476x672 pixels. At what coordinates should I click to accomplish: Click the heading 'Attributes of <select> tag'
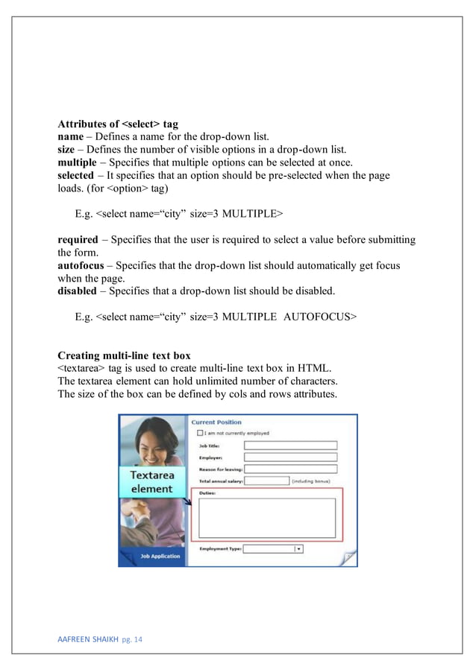118,124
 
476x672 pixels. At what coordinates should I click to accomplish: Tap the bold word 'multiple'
77,162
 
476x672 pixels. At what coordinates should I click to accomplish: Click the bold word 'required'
78,240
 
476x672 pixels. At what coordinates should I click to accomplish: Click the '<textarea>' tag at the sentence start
83,368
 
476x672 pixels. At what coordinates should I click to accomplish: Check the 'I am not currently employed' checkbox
199,433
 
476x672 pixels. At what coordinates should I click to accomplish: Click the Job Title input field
289,446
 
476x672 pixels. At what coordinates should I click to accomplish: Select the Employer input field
289,457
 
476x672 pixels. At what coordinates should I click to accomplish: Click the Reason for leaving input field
289,469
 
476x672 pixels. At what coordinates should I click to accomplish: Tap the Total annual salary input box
266,481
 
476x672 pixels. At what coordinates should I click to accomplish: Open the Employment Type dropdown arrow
298,549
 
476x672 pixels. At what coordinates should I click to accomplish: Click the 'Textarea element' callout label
151,482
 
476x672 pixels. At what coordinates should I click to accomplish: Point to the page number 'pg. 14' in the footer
131,638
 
